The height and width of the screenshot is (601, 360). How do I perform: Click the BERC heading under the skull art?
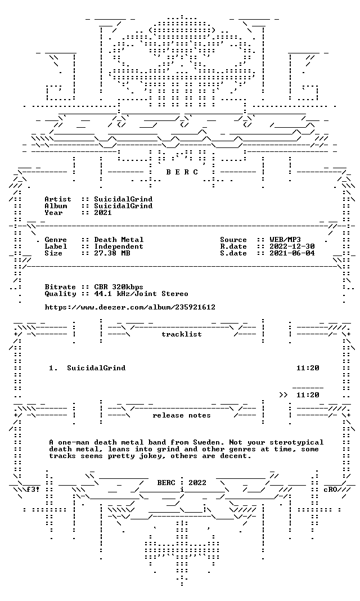(182, 172)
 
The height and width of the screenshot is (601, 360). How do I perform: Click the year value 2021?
(103, 213)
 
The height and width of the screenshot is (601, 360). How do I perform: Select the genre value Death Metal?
(119, 240)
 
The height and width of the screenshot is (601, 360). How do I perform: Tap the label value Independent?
(119, 246)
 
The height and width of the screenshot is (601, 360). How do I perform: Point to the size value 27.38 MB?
(112, 253)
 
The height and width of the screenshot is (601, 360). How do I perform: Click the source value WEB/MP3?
(285, 240)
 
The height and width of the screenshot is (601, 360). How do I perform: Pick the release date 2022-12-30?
(292, 246)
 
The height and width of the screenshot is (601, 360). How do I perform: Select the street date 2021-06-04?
(292, 253)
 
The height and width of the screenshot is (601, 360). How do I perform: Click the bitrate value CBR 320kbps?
(119, 287)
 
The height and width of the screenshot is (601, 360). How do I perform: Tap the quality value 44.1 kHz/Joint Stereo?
(141, 294)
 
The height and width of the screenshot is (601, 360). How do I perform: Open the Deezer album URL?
(130, 307)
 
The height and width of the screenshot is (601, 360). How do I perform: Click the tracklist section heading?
(182, 334)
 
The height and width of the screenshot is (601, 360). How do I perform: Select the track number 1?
(53, 368)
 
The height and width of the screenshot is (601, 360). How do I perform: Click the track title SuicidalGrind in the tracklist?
(96, 368)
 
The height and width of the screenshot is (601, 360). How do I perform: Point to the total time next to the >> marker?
(308, 395)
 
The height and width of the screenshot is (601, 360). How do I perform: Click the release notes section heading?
(182, 415)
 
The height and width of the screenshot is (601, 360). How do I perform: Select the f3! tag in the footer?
(33, 490)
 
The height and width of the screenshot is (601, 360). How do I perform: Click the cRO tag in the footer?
(330, 490)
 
